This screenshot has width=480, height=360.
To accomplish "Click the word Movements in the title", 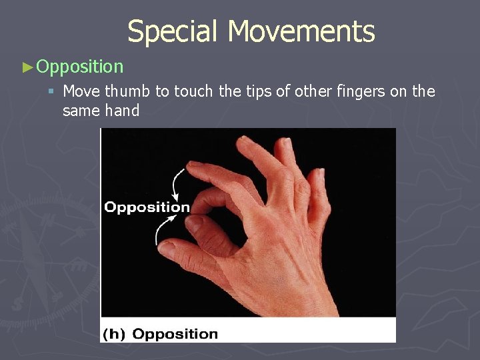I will point(301,31).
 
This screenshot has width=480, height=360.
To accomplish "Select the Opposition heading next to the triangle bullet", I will point(80,67).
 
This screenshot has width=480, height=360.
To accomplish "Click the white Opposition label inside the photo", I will point(147,207).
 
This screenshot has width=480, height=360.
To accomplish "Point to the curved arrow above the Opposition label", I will point(177,183).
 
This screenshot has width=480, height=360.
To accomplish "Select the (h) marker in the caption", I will point(115,334).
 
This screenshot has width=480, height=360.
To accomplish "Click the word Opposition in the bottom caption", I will point(175,334).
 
